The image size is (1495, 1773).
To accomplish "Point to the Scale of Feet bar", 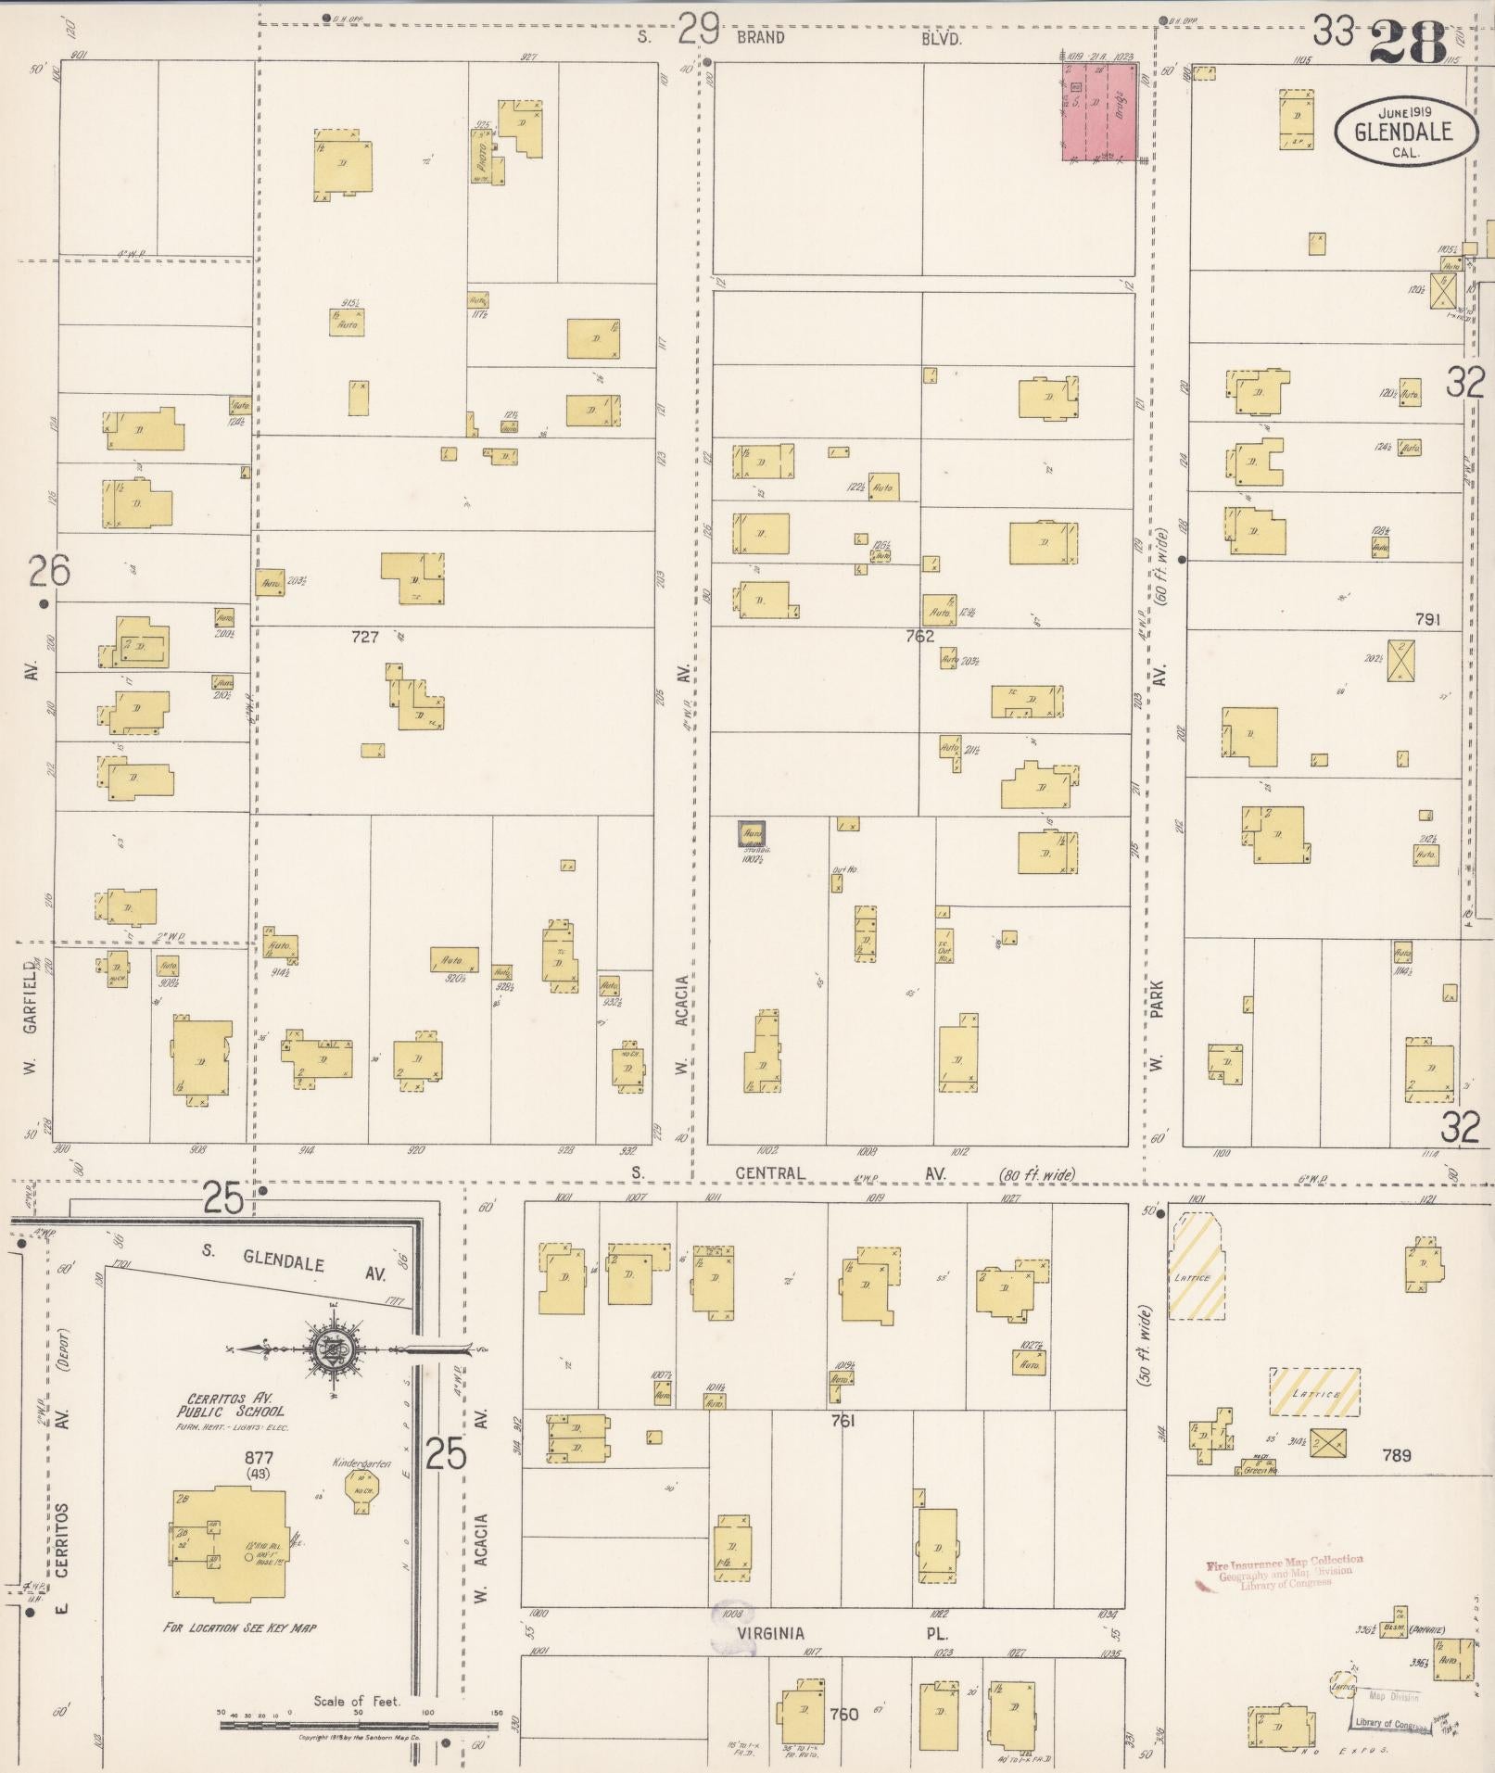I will [358, 1726].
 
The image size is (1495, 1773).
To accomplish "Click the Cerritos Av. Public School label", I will [232, 1405].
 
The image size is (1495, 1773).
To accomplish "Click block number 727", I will [365, 637].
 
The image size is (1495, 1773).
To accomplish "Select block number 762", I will [919, 636].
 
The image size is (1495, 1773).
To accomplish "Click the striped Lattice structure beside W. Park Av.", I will [1196, 1267].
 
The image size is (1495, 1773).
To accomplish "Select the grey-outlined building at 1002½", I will [752, 834].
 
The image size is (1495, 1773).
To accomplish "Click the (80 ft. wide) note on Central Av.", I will [1036, 1175].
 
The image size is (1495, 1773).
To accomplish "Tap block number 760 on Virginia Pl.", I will [843, 1714].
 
